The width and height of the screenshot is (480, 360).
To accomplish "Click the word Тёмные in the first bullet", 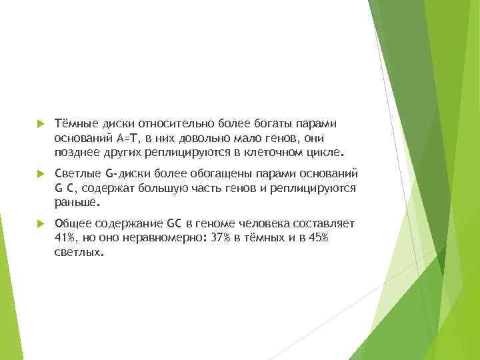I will pos(75,123).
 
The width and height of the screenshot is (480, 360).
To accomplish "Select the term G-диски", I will pos(131,174).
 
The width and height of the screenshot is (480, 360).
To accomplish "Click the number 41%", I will pos(65,237).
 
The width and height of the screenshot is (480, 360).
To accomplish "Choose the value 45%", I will pos(317,237).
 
